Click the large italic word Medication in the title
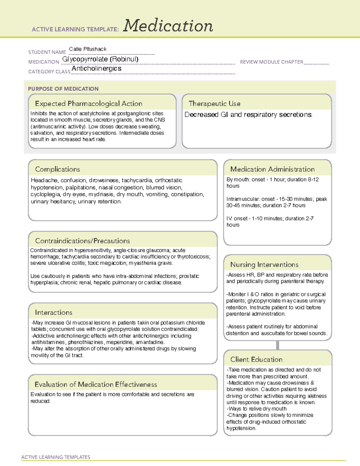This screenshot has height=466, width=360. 168,26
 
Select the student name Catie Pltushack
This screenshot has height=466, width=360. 88,49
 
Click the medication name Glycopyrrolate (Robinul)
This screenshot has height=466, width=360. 100,59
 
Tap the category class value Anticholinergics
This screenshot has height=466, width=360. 96,69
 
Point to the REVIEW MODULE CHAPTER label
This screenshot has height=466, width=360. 271,62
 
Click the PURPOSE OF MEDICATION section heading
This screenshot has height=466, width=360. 63,89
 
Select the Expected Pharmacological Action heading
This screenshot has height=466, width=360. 88,104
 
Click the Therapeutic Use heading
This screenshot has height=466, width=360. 214,104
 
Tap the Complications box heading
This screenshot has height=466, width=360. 57,169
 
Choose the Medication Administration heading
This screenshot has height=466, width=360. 272,169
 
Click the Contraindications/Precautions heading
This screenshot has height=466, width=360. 82,241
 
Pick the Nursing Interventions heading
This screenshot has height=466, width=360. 264,264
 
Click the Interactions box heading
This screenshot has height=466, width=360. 53,312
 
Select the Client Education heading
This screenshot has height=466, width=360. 256,359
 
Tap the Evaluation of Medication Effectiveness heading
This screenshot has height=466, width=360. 96,384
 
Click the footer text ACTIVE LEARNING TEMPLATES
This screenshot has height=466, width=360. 55,457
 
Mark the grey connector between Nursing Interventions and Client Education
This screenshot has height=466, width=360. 277,345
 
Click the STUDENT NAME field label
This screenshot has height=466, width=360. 47,52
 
